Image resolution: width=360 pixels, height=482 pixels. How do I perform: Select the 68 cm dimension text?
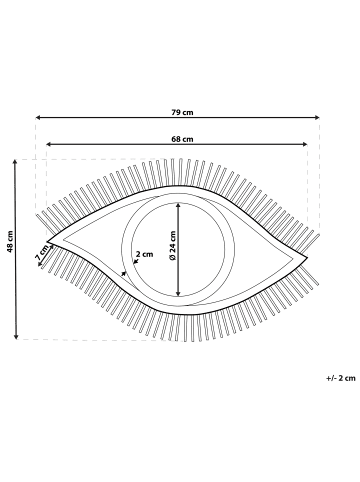pos(181,138)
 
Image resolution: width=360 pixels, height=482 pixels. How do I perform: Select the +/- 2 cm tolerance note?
pos(341,378)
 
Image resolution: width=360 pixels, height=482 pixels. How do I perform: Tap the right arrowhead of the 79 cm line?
pos(317,118)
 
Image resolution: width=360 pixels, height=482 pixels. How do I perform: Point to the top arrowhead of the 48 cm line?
pos(15,161)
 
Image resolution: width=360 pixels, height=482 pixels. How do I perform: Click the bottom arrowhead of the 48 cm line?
pos(15,339)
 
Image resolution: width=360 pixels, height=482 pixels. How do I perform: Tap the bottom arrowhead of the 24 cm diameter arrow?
pos(179,296)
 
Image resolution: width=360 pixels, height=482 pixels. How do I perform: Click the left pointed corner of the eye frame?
pos(49,242)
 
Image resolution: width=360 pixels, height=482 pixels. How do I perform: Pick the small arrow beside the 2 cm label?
pos(123,269)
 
